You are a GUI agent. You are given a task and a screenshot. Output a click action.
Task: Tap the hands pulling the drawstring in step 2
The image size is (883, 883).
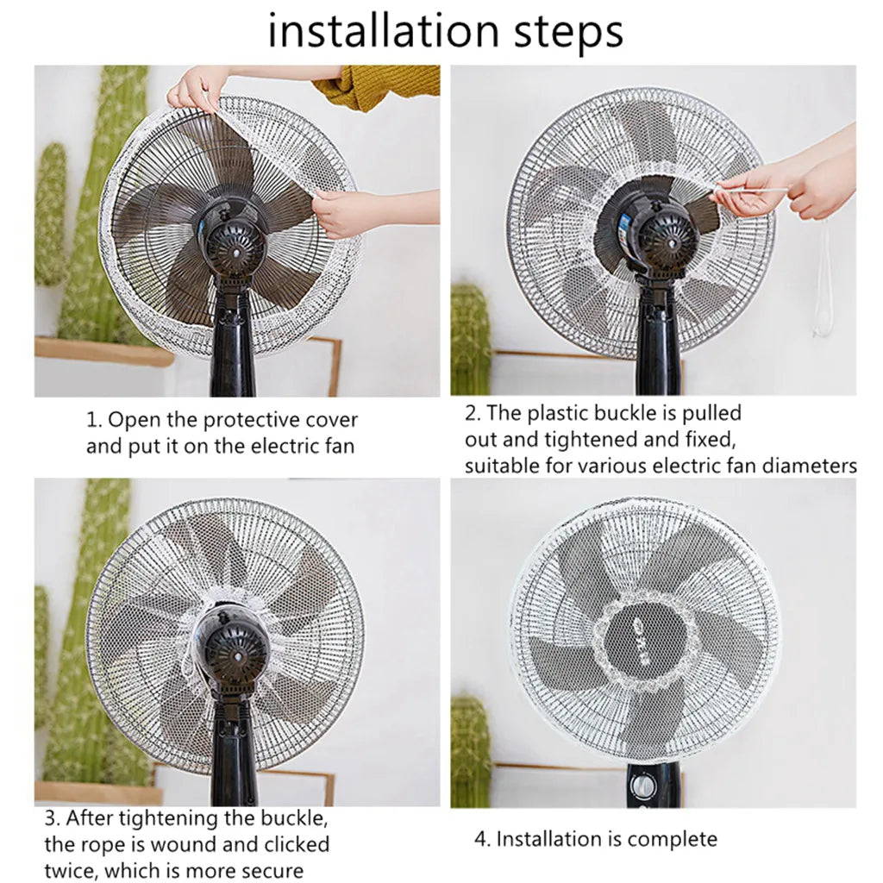(x=776, y=190)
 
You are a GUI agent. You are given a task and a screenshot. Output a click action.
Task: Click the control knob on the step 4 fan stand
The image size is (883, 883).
(x=642, y=786)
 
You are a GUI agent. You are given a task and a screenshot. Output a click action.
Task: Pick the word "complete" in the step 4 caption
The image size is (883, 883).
(x=672, y=838)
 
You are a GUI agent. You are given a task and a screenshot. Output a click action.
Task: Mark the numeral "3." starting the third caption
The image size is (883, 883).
(x=52, y=817)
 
